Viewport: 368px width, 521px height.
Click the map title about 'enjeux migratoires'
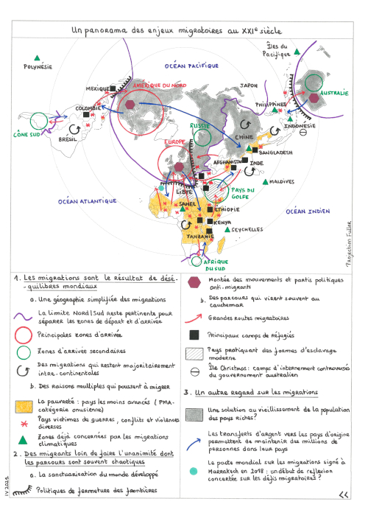176,31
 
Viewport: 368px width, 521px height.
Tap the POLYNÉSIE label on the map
38,66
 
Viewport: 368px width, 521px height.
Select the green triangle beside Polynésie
35,57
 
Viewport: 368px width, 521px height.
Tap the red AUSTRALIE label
333,93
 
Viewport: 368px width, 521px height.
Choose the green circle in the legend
24,352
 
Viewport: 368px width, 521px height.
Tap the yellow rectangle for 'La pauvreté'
24,403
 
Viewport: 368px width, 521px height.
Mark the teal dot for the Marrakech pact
194,471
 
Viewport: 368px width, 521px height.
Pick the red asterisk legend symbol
24,422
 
